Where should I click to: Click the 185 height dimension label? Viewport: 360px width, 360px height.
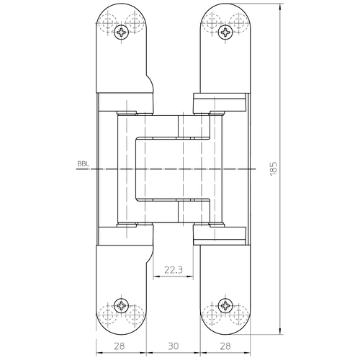pyautogui.click(x=274, y=169)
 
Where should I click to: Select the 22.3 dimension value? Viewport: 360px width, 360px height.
pyautogui.click(x=174, y=270)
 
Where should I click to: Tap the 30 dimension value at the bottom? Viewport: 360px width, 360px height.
pyautogui.click(x=174, y=346)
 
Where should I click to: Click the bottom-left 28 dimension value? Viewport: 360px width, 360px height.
pyautogui.click(x=120, y=346)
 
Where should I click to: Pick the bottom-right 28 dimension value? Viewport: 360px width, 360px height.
pyautogui.click(x=225, y=346)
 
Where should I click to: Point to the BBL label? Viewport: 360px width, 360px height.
pyautogui.click(x=84, y=164)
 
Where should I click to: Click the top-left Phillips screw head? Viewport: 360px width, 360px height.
pyautogui.click(x=122, y=32)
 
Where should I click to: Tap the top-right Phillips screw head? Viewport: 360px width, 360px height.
pyautogui.click(x=225, y=32)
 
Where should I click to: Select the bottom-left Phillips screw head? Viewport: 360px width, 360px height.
pyautogui.click(x=122, y=305)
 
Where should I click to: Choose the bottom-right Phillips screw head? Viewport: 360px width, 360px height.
pyautogui.click(x=225, y=305)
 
